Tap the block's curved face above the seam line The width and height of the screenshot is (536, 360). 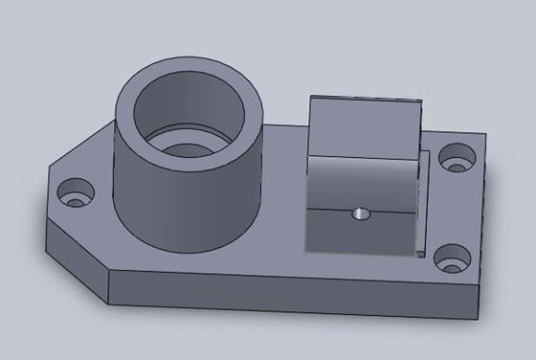click(x=364, y=177)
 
